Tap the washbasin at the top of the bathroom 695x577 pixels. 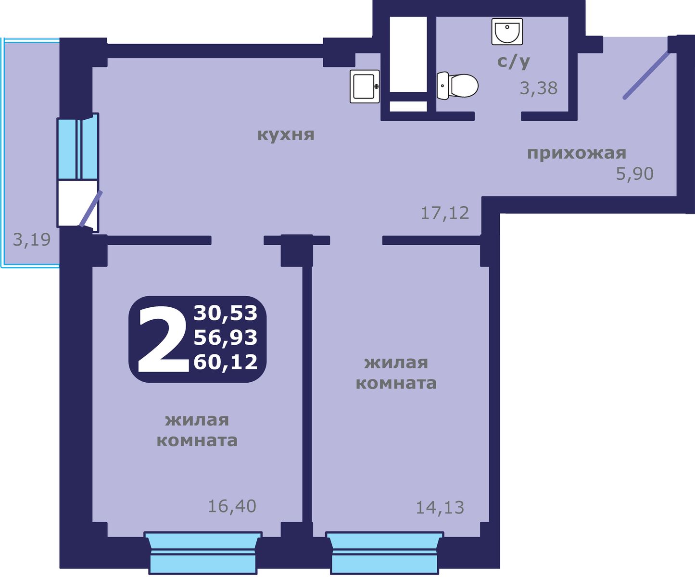pos(507,31)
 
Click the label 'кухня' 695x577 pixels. pos(286,134)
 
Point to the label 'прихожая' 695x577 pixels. pos(577,153)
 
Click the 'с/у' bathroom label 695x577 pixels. pos(513,61)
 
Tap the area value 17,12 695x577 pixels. pos(444,213)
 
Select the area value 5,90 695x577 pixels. pos(634,174)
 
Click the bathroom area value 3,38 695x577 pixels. pos(539,88)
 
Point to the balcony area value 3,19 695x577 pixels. pos(32,239)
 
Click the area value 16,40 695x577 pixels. pos(232,506)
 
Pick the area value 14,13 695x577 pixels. pos(440,507)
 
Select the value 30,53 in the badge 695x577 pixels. pos(226,313)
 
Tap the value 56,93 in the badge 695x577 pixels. pos(226,338)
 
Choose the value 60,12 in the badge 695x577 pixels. pos(226,362)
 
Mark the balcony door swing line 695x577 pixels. pos(91,209)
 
